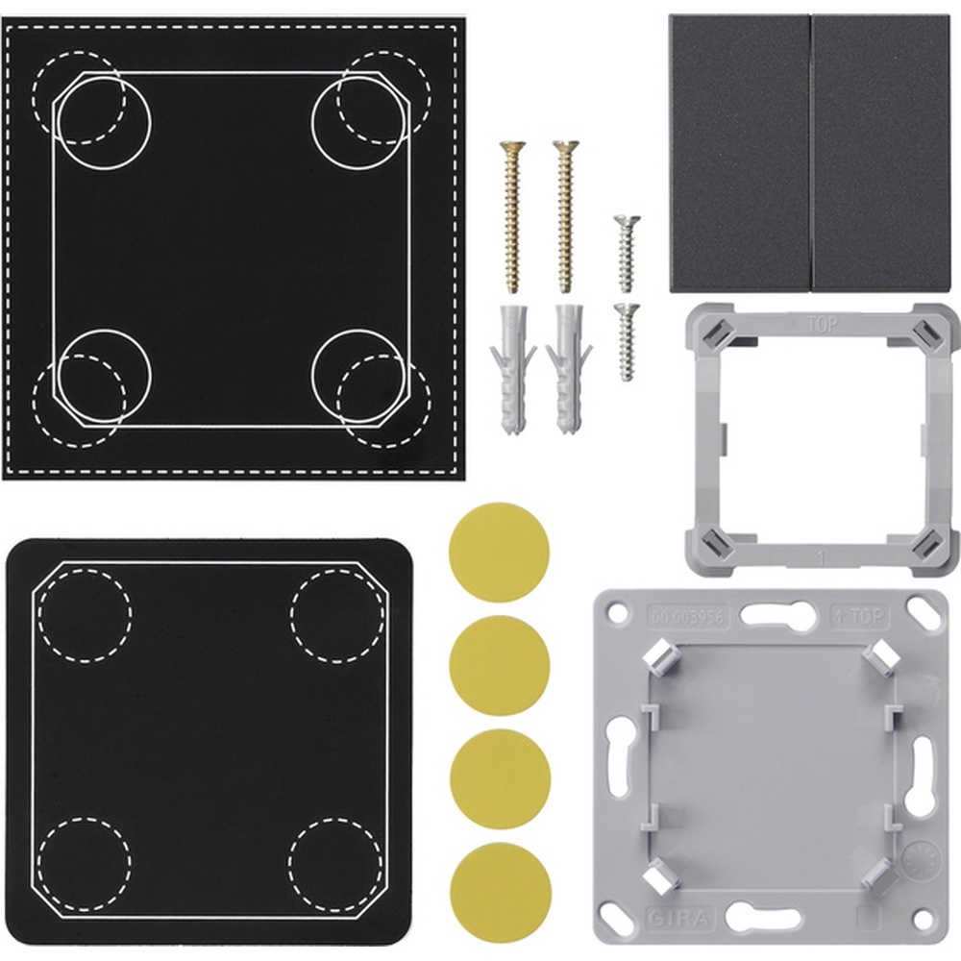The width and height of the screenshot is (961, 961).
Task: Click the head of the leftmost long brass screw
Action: (512, 149)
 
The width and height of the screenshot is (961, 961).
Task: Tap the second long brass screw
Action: (565, 216)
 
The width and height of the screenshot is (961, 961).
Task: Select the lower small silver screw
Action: (627, 341)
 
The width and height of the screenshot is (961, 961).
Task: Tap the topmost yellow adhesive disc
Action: (499, 552)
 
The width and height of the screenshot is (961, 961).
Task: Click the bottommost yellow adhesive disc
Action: (500, 892)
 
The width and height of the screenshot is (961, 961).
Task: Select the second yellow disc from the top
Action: (499, 665)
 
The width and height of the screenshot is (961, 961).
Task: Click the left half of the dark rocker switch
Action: (740, 154)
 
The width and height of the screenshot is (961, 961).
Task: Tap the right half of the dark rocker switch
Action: (881, 154)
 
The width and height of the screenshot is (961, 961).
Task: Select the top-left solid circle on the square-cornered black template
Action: (103, 122)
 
